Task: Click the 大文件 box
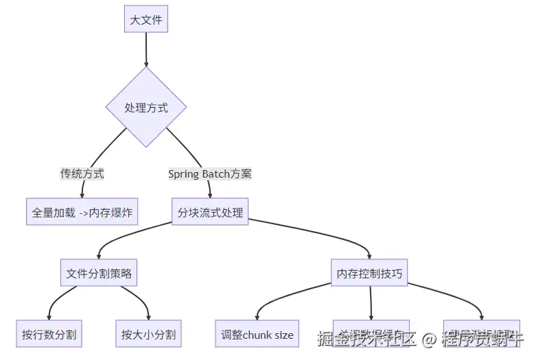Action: pyautogui.click(x=146, y=20)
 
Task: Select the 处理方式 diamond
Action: pyautogui.click(x=146, y=107)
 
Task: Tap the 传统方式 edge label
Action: pyautogui.click(x=82, y=173)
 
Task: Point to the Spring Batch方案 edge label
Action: pyautogui.click(x=210, y=173)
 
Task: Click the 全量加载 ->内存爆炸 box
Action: pyautogui.click(x=82, y=212)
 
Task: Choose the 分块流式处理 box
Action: pyautogui.click(x=210, y=212)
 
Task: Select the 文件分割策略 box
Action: pyautogui.click(x=99, y=273)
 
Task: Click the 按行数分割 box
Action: pyautogui.click(x=49, y=335)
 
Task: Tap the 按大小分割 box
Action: pyautogui.click(x=148, y=335)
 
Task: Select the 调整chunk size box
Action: pyautogui.click(x=257, y=335)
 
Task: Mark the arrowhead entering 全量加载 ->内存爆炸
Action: pyautogui.click(x=82, y=195)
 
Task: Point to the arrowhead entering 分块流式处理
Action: pyautogui.click(x=210, y=195)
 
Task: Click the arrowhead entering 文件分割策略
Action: pyautogui.click(x=99, y=256)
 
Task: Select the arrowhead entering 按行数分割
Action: pyautogui.click(x=49, y=317)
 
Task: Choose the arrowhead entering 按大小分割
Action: pyautogui.click(x=148, y=317)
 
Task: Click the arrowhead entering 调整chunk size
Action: pyautogui.click(x=257, y=317)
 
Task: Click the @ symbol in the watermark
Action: pyautogui.click(x=429, y=338)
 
